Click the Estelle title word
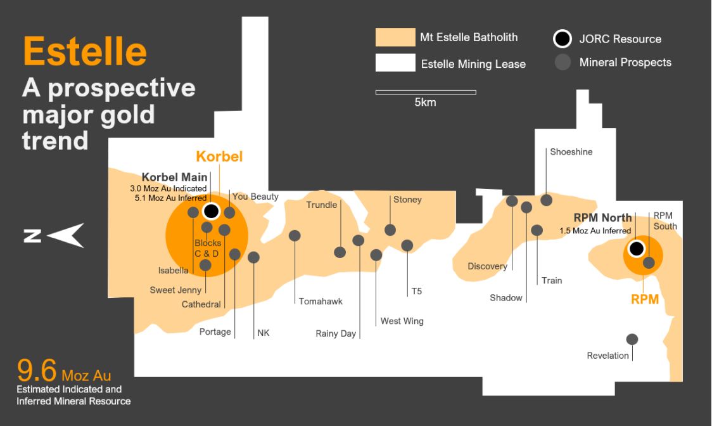[85, 51]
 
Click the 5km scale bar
[425, 93]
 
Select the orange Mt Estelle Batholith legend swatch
[394, 37]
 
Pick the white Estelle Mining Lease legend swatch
[394, 63]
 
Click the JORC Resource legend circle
[562, 39]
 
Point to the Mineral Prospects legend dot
[562, 62]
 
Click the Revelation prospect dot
[632, 339]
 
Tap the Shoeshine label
[571, 152]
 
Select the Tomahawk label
[321, 301]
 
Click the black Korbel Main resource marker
[211, 210]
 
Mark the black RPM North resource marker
[636, 248]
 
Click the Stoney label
[407, 200]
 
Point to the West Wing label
[402, 321]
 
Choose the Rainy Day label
[336, 333]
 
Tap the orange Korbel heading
[219, 156]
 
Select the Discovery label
[487, 266]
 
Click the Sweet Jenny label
[175, 290]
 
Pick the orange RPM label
[645, 299]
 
